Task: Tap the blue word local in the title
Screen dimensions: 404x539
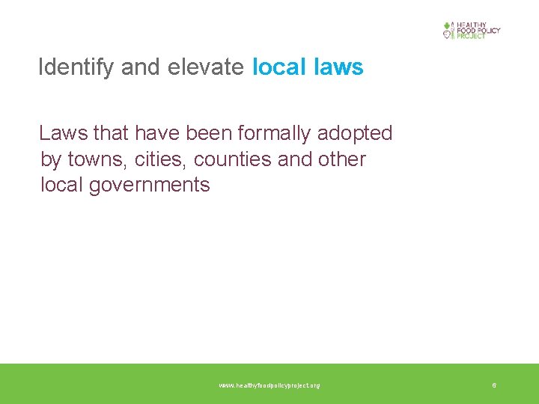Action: (278, 67)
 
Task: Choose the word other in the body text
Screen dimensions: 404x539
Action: (341, 159)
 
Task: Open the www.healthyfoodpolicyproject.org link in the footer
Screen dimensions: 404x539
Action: (269, 385)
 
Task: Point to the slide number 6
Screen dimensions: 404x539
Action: (494, 385)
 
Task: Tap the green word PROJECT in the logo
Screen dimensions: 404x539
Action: (472, 36)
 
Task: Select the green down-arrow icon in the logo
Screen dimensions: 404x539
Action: (448, 25)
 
